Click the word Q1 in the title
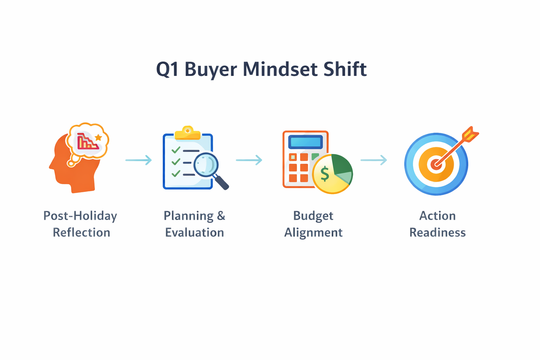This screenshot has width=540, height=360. (168, 69)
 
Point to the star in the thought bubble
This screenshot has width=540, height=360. (98, 137)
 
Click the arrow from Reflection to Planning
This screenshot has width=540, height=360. (139, 160)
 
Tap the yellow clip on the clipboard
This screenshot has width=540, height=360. (187, 134)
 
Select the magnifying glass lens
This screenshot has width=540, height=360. (206, 165)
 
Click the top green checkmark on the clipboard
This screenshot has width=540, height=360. (176, 150)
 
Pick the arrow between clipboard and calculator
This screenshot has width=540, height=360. (249, 160)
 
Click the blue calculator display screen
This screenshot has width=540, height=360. (305, 142)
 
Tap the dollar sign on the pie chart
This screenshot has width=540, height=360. (325, 174)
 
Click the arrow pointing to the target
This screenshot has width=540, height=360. (374, 160)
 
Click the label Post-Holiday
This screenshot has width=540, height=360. (80, 216)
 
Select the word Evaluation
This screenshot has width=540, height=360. (194, 232)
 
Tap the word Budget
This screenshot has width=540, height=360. (313, 216)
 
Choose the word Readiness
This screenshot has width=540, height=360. (437, 232)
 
